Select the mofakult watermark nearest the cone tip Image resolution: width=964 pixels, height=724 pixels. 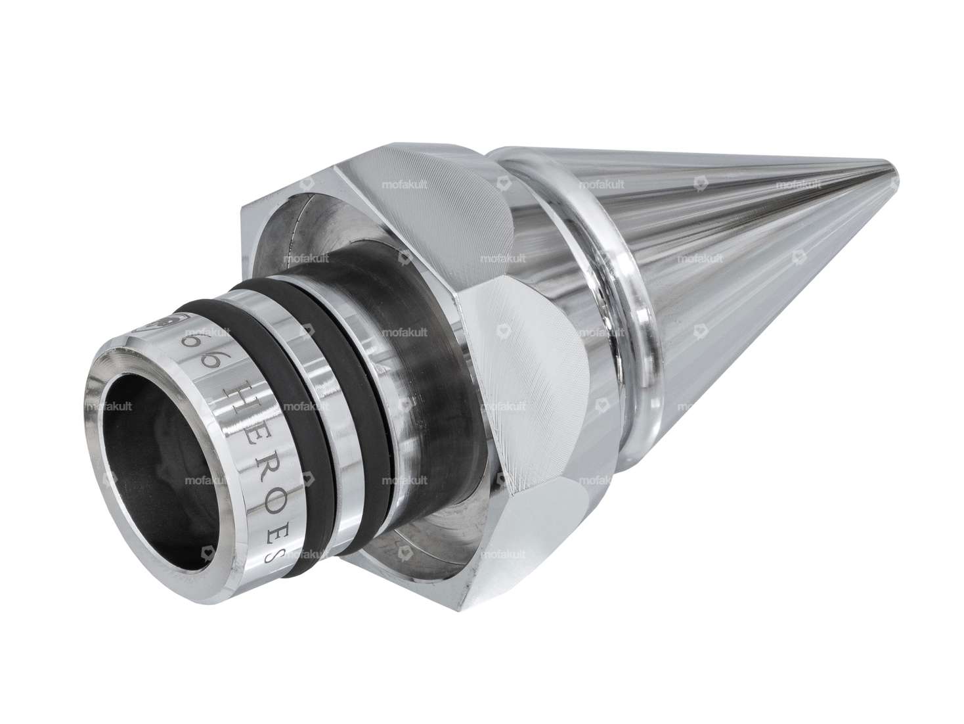coord(798,185)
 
